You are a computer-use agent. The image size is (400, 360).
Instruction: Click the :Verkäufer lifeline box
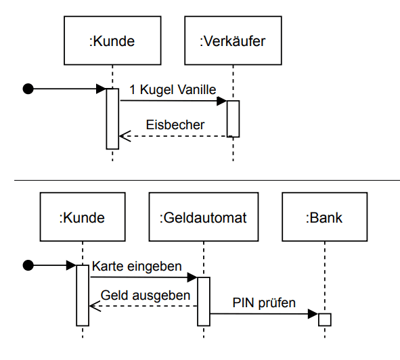[232, 41]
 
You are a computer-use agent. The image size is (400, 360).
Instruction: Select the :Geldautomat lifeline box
[202, 218]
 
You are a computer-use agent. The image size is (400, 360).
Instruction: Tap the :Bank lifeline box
[324, 218]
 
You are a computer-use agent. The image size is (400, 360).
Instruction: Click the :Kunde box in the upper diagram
[112, 41]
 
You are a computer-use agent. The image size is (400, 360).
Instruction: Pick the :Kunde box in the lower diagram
[82, 218]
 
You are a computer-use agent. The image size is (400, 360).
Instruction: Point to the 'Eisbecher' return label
[175, 125]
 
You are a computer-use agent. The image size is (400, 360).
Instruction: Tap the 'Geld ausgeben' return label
[145, 295]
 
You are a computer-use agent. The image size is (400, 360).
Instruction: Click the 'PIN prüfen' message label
[263, 302]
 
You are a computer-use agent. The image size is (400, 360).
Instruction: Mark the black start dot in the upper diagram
[28, 88]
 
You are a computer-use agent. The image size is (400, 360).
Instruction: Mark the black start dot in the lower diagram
[28, 265]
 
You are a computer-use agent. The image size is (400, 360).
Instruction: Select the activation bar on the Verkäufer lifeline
[233, 118]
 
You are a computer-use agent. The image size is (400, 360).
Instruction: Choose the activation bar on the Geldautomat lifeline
[203, 301]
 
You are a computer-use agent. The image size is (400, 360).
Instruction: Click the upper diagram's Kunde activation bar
[112, 118]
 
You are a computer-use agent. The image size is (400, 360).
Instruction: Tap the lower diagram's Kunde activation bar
[82, 295]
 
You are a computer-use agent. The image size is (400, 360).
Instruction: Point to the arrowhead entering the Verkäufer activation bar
[221, 101]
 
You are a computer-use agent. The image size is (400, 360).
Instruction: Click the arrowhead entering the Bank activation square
[313, 313]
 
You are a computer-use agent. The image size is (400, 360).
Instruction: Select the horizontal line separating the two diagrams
[203, 180]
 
